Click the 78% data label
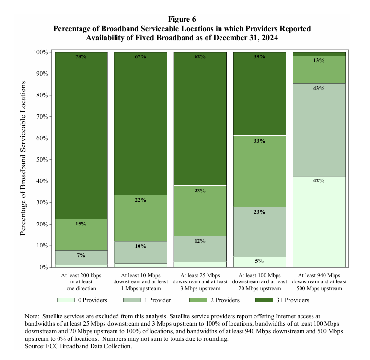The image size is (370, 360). [x=81, y=57]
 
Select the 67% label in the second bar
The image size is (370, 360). [x=140, y=57]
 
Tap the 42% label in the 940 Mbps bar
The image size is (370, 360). [x=319, y=181]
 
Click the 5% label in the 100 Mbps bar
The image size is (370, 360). [x=259, y=261]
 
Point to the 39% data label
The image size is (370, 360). [x=259, y=57]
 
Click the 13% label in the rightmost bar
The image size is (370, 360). [x=319, y=61]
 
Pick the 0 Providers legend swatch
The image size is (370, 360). [x=66, y=300]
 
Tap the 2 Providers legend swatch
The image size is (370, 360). [x=200, y=300]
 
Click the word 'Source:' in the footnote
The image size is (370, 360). [x=36, y=346]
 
